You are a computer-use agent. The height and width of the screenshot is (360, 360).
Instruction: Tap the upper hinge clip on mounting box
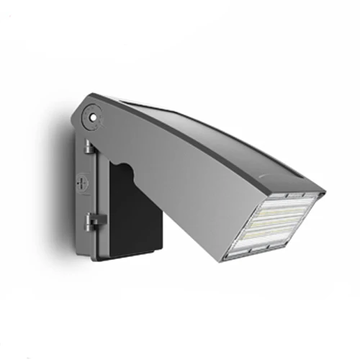point(88,146)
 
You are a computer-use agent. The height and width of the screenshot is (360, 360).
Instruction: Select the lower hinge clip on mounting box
point(92,221)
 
